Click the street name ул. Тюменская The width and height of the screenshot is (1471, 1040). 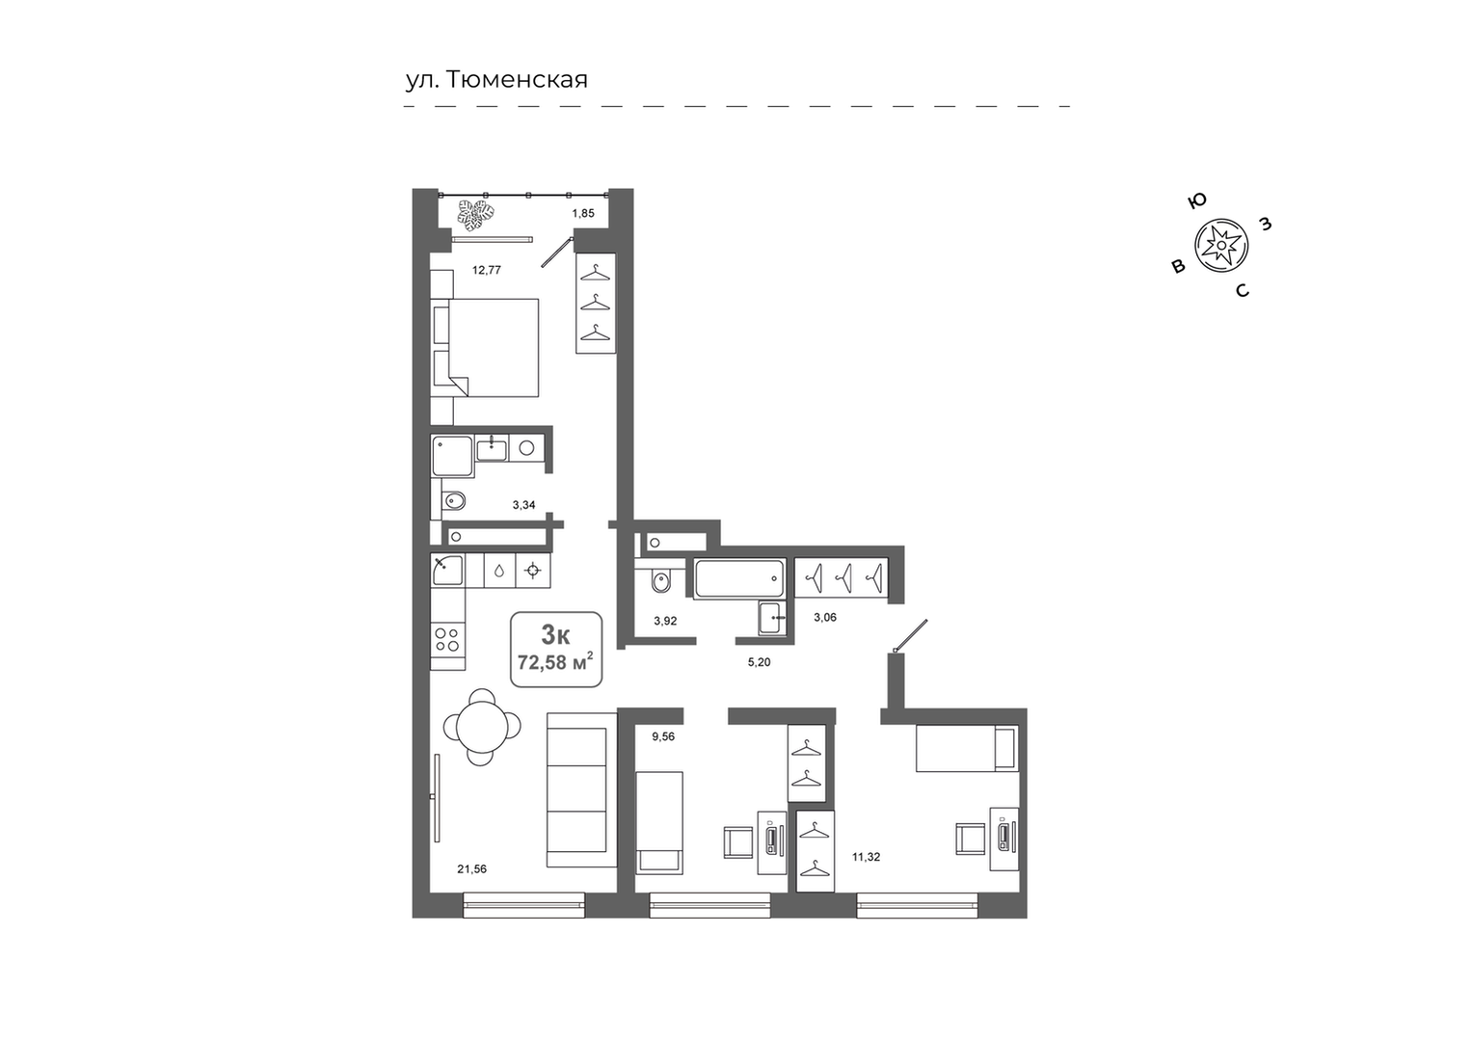[x=496, y=80]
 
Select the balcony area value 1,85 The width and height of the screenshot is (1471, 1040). [x=582, y=213]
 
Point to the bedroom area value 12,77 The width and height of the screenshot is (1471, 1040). [x=487, y=269]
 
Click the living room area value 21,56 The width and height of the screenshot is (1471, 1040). [x=471, y=868]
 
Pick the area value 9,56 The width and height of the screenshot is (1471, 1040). [x=662, y=736]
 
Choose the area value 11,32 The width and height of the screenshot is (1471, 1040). [x=866, y=856]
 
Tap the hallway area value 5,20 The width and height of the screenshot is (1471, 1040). [x=759, y=662]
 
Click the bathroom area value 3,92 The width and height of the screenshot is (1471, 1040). [x=664, y=621]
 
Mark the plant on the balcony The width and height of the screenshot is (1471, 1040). [x=476, y=215]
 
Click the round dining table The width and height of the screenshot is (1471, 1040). [x=482, y=727]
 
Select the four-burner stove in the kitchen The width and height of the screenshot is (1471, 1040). [x=447, y=640]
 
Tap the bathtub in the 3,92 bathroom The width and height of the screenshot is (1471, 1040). [x=739, y=578]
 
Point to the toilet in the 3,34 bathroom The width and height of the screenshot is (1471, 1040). [x=453, y=501]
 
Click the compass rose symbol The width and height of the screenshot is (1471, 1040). [x=1220, y=246]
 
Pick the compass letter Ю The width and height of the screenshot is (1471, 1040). [x=1197, y=200]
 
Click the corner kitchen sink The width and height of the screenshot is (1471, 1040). [x=448, y=570]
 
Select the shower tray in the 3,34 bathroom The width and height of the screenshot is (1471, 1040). [x=452, y=456]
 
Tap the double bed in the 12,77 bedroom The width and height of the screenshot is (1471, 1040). [x=485, y=348]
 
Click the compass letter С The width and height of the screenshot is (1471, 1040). [x=1242, y=290]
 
